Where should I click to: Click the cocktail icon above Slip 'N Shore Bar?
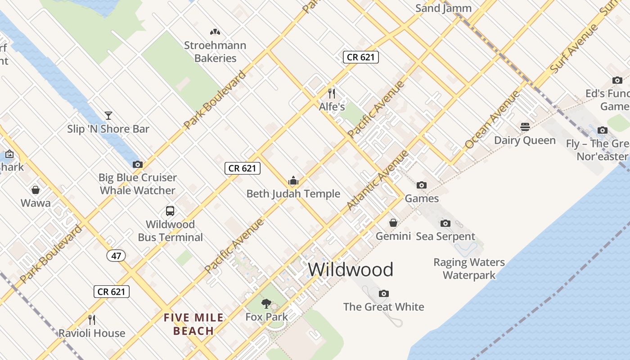tap(108, 116)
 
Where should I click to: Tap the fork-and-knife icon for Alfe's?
tap(332, 94)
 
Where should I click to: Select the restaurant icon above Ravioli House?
tap(92, 320)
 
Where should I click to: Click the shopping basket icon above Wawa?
tap(36, 190)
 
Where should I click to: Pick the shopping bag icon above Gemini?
tap(393, 223)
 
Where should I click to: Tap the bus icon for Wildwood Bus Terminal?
tap(170, 211)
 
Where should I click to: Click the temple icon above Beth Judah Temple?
tap(293, 181)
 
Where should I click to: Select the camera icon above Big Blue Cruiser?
tap(138, 164)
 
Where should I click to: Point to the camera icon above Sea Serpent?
tap(445, 223)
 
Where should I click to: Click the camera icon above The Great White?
tap(384, 294)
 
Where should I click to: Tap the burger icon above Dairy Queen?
tap(525, 127)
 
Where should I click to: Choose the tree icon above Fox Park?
tap(266, 303)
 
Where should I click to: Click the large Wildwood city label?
tap(351, 270)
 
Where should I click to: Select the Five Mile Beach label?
tap(193, 324)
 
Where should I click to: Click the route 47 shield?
tap(116, 256)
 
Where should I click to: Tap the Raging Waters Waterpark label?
tap(469, 269)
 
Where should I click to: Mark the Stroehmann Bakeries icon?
tap(215, 32)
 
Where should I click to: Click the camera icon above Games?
tap(422, 185)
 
